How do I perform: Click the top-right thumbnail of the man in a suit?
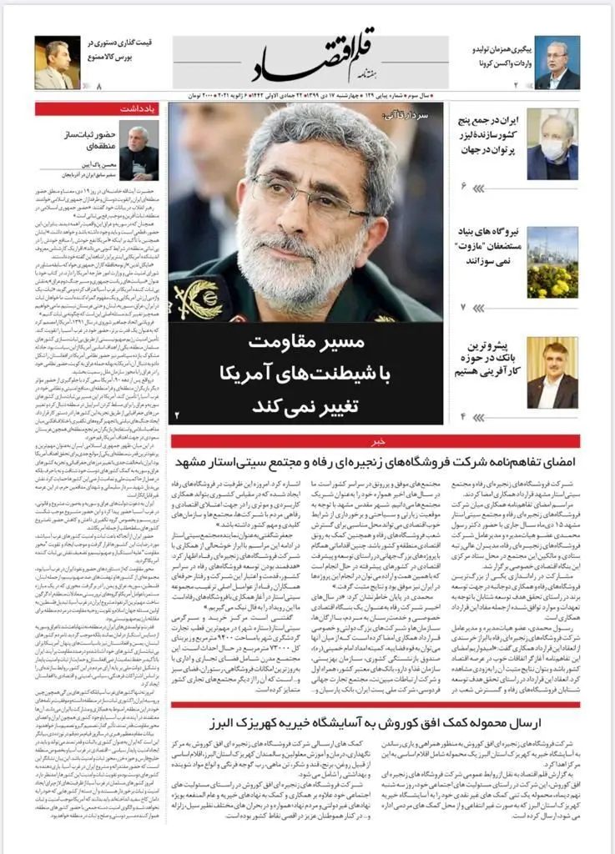(557, 63)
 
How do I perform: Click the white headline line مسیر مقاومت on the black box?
(307, 344)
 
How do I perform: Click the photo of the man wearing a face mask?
(552, 143)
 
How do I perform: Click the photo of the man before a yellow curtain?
(552, 373)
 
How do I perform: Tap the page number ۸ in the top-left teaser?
(98, 87)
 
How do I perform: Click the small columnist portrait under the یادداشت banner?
(139, 152)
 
